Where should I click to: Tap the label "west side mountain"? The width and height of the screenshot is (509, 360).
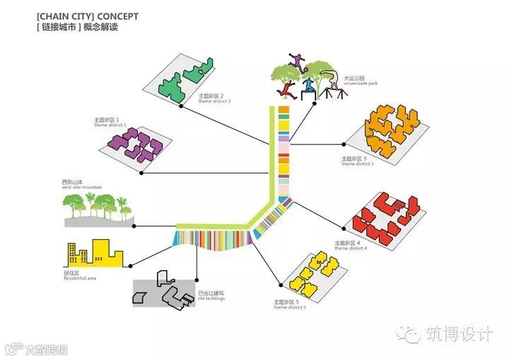[82, 187]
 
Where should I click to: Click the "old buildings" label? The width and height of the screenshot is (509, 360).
[211, 298]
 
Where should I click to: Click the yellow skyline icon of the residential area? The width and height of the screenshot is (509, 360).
[95, 253]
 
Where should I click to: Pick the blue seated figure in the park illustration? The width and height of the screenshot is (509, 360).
[308, 86]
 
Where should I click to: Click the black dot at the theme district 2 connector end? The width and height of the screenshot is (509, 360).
[182, 106]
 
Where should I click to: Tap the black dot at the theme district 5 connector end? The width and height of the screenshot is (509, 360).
[281, 286]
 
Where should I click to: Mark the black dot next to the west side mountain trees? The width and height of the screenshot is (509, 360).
[134, 226]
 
